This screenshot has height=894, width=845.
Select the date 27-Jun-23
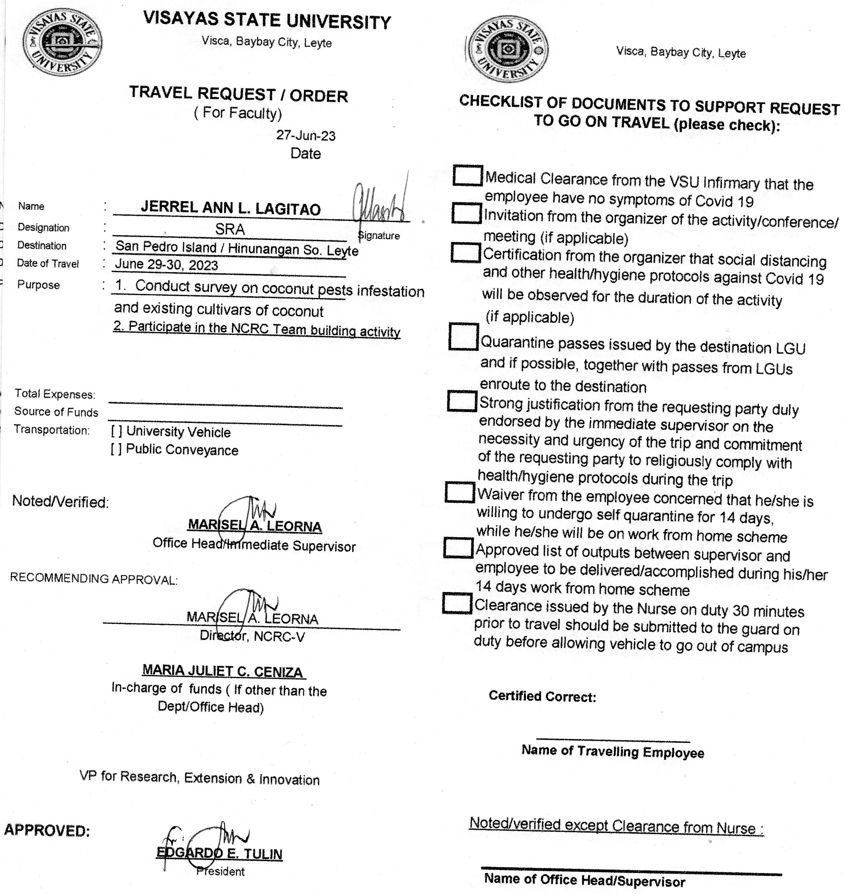point(305,136)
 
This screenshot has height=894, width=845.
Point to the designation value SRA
point(230,229)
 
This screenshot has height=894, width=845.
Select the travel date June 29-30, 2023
point(166,265)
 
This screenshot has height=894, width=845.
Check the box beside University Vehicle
point(116,431)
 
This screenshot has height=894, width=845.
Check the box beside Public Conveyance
point(116,450)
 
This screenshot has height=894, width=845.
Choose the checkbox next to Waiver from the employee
point(459,492)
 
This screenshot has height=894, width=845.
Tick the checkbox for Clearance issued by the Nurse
point(457,603)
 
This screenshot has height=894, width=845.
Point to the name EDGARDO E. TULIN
point(219,853)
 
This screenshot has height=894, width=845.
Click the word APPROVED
point(47,830)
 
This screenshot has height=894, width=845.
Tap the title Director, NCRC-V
point(252,636)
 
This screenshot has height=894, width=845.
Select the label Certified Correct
point(542,696)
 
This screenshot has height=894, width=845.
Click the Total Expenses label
point(54,394)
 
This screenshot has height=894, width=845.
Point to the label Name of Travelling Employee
point(613,752)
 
